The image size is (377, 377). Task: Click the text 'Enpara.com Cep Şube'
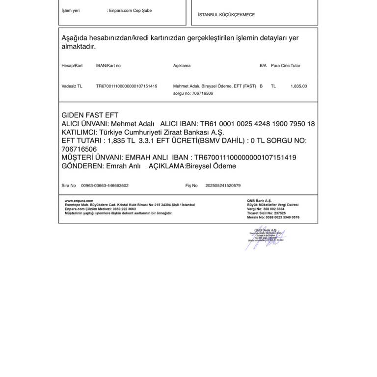[130, 10]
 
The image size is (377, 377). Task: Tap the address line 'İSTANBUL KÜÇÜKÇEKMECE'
[226, 15]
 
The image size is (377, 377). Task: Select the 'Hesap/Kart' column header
[72, 65]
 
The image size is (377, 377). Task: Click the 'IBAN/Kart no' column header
[108, 65]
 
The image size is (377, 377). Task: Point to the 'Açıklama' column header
[182, 65]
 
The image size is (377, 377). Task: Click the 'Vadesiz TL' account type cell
[72, 86]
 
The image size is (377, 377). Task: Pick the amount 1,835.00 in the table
[298, 86]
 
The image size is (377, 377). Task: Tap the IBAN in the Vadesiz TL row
[127, 86]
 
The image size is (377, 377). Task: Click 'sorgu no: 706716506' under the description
[193, 93]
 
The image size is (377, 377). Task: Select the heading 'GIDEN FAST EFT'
[90, 115]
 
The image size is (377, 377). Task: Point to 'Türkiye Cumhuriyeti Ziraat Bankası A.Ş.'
[162, 132]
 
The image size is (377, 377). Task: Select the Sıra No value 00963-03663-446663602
[105, 186]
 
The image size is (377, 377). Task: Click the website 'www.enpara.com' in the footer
[79, 201]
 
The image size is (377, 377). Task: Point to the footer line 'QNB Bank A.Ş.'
[259, 201]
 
